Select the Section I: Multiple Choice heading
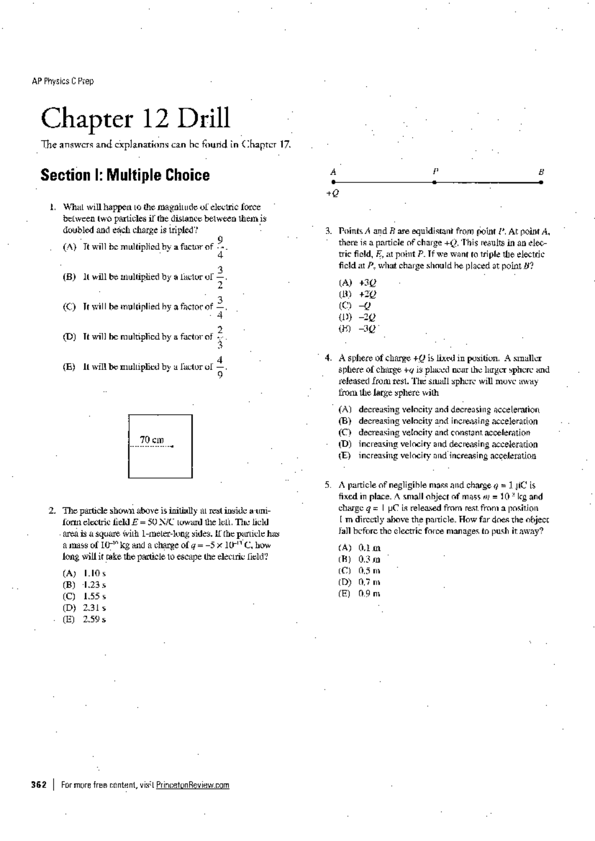pos(125,175)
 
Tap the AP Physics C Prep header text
pos(62,81)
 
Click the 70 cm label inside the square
pos(152,440)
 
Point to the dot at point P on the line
pos(434,182)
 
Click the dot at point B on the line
pos(541,182)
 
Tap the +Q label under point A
pos(333,193)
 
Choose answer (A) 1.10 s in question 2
pos(85,573)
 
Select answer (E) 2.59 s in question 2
pos(85,619)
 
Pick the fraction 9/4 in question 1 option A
pos(220,247)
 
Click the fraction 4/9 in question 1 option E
pos(220,367)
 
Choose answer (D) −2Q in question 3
pos(357,317)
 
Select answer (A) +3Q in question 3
pos(357,283)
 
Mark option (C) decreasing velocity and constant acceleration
pos(436,432)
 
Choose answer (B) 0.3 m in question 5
pos(359,559)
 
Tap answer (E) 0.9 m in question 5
pos(359,594)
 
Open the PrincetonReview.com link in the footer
pos(192,785)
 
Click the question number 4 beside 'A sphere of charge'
pos(328,358)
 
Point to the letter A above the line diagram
pos(333,172)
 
